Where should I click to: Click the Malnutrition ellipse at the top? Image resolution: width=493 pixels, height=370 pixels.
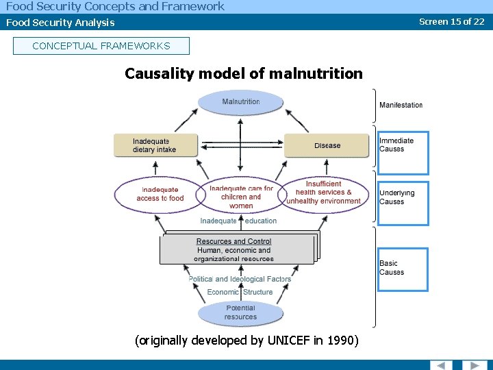(240, 102)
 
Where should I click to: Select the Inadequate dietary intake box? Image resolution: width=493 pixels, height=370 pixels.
(155, 145)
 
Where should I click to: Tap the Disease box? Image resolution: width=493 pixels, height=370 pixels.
(327, 145)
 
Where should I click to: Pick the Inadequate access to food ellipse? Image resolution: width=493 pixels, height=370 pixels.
(160, 195)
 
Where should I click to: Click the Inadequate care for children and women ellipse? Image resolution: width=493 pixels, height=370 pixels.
(240, 197)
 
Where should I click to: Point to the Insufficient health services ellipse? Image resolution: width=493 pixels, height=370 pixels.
(324, 193)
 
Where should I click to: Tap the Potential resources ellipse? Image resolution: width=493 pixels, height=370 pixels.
(240, 312)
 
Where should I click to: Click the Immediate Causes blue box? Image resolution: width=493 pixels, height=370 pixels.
(403, 153)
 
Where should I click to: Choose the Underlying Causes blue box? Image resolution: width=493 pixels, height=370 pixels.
(403, 203)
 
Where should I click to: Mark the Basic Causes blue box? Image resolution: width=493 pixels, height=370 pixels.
(403, 269)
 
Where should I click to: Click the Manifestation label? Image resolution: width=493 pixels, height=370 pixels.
(401, 105)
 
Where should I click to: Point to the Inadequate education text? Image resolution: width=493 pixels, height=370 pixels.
(238, 221)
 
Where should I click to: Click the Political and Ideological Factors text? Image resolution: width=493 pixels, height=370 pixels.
(240, 279)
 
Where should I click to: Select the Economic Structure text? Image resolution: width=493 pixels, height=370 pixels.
(240, 292)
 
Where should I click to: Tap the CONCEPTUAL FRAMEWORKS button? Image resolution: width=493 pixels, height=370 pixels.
(101, 46)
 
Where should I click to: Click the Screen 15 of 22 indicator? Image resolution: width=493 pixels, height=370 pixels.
(451, 21)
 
